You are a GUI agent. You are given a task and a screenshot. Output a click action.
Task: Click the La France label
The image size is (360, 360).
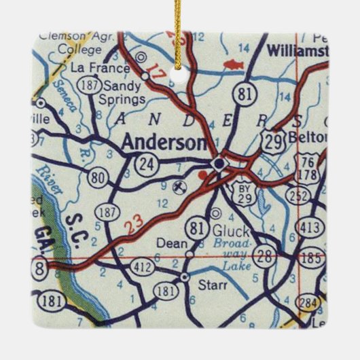click(98, 69)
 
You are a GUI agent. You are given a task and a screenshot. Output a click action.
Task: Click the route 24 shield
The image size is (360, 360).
click(146, 163)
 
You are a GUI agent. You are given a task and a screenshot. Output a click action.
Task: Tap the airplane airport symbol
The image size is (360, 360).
click(178, 183)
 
